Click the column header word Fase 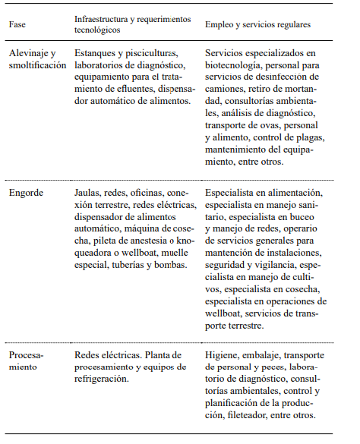(17, 24)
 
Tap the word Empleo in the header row (220, 24)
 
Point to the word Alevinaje (30, 53)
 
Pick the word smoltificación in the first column (37, 66)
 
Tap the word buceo (311, 217)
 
